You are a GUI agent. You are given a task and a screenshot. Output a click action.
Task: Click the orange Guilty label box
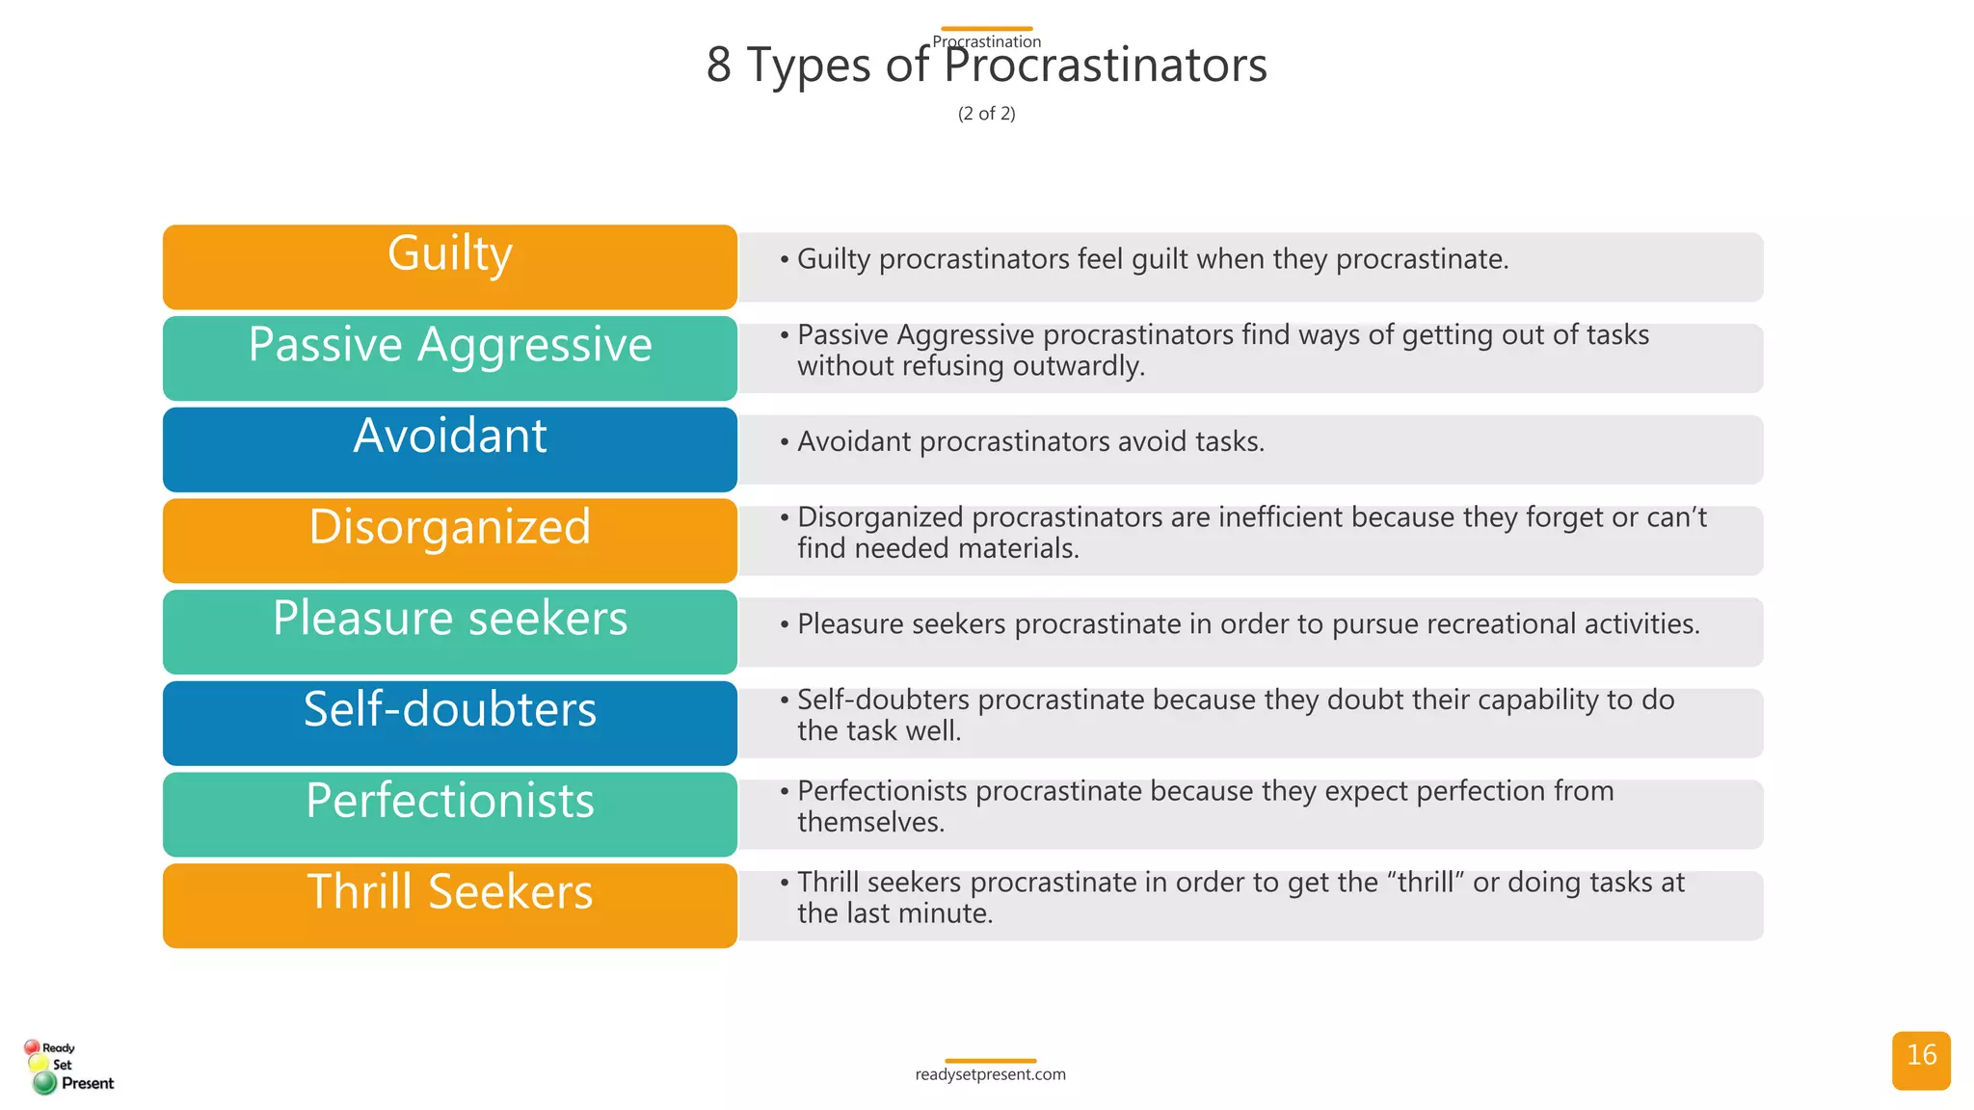[449, 267]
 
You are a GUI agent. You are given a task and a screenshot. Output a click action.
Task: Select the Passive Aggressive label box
[449, 357]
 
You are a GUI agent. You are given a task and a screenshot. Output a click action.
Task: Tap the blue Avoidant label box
[449, 449]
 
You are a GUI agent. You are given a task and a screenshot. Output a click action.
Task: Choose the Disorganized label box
[449, 540]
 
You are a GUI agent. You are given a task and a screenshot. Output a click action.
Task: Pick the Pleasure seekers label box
[449, 631]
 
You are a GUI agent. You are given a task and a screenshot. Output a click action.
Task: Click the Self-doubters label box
[449, 723]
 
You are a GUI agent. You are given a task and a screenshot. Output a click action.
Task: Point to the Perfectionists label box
[449, 813]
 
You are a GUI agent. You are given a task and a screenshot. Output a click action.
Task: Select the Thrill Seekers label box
[449, 905]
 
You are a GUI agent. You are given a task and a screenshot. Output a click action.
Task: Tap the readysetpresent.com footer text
[990, 1074]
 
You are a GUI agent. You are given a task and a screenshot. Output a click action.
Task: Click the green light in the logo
[44, 1083]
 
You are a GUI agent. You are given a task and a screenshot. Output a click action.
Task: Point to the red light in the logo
[32, 1046]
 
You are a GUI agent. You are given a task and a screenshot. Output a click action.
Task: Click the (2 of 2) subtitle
[986, 114]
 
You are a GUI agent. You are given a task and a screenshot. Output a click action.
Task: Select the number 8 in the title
[719, 66]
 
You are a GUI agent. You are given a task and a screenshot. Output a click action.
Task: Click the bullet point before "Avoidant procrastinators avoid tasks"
[785, 442]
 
